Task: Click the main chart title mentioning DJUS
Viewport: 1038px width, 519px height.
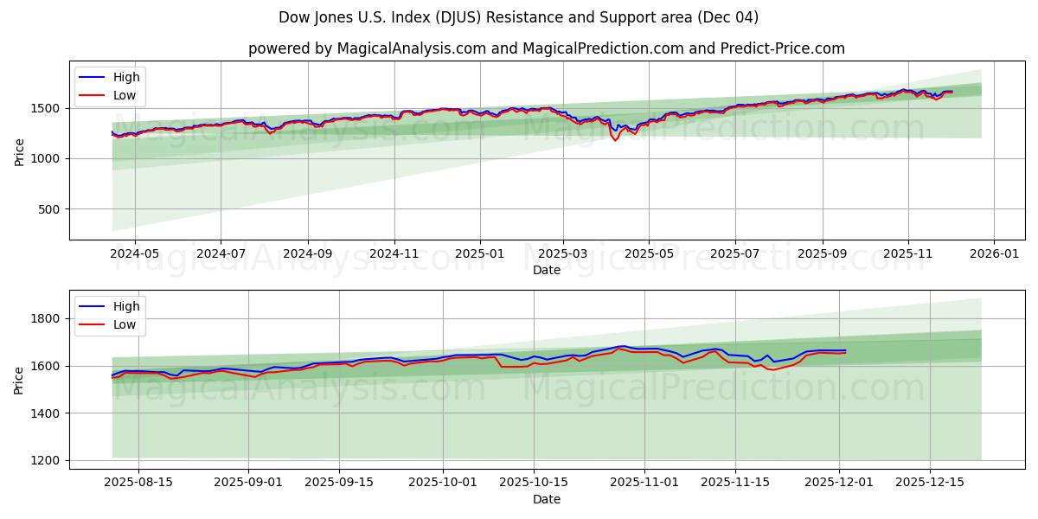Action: click(x=518, y=17)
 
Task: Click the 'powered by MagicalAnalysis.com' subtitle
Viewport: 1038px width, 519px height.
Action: click(x=546, y=48)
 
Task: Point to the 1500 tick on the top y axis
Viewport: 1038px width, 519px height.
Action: click(x=47, y=108)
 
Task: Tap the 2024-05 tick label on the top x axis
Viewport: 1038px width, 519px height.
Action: click(x=135, y=254)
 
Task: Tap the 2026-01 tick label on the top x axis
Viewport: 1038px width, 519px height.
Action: click(x=993, y=254)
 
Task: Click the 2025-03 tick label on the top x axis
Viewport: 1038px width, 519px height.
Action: click(x=563, y=254)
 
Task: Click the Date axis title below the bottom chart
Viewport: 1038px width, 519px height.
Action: click(x=546, y=499)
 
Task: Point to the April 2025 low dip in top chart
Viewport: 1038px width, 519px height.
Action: click(x=615, y=140)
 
